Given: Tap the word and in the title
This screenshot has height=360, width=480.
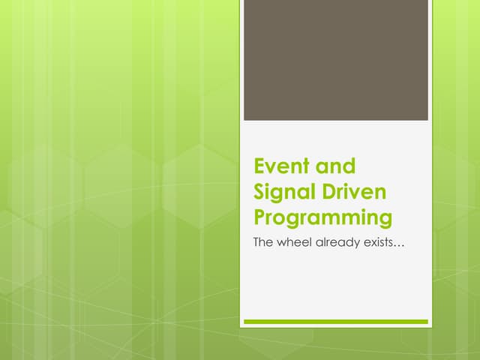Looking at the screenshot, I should point(335,166).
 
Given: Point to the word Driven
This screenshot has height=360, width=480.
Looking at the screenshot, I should point(355,192).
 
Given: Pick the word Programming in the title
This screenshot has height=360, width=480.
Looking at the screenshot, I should point(323,219).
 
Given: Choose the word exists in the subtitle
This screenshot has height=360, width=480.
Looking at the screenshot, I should point(380,243).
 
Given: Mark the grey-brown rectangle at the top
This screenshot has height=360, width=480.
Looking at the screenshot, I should point(336,60).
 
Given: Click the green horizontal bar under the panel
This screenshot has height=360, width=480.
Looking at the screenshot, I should point(336,322).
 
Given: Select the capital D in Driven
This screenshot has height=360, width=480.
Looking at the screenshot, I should point(331,192).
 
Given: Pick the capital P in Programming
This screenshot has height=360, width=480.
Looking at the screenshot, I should point(261,218).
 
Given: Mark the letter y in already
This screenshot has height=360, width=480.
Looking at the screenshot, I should point(357,245).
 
